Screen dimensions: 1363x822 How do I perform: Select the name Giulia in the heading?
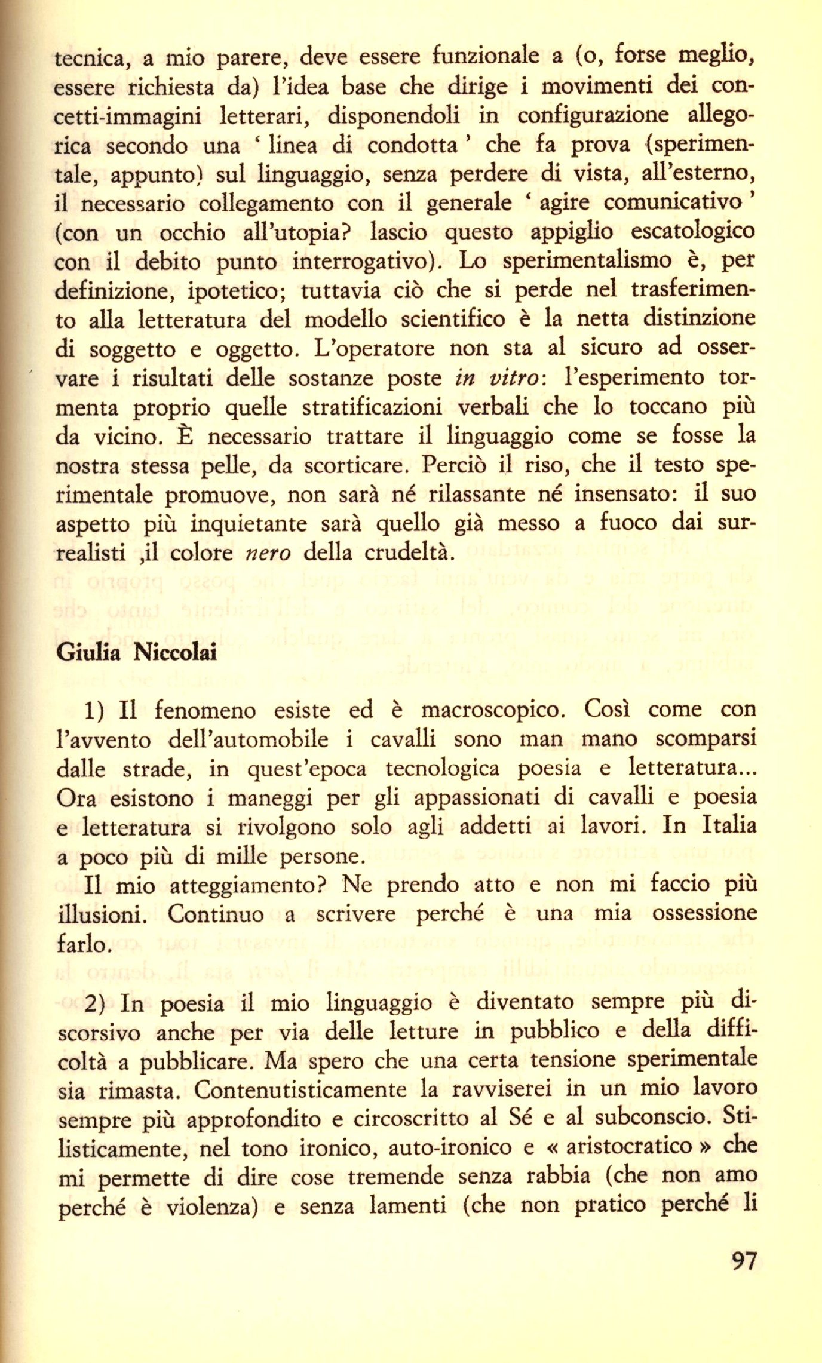coord(88,652)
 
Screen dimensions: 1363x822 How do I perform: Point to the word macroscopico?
coord(492,711)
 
